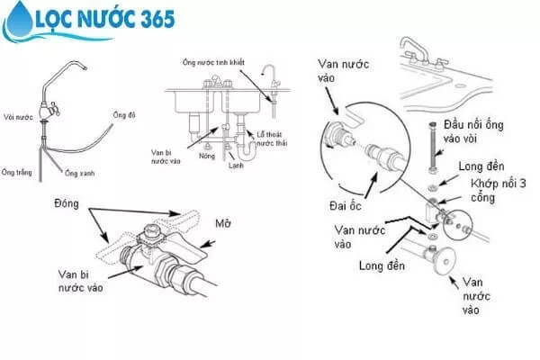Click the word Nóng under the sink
click(x=207, y=156)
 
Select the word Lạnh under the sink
click(x=235, y=165)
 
